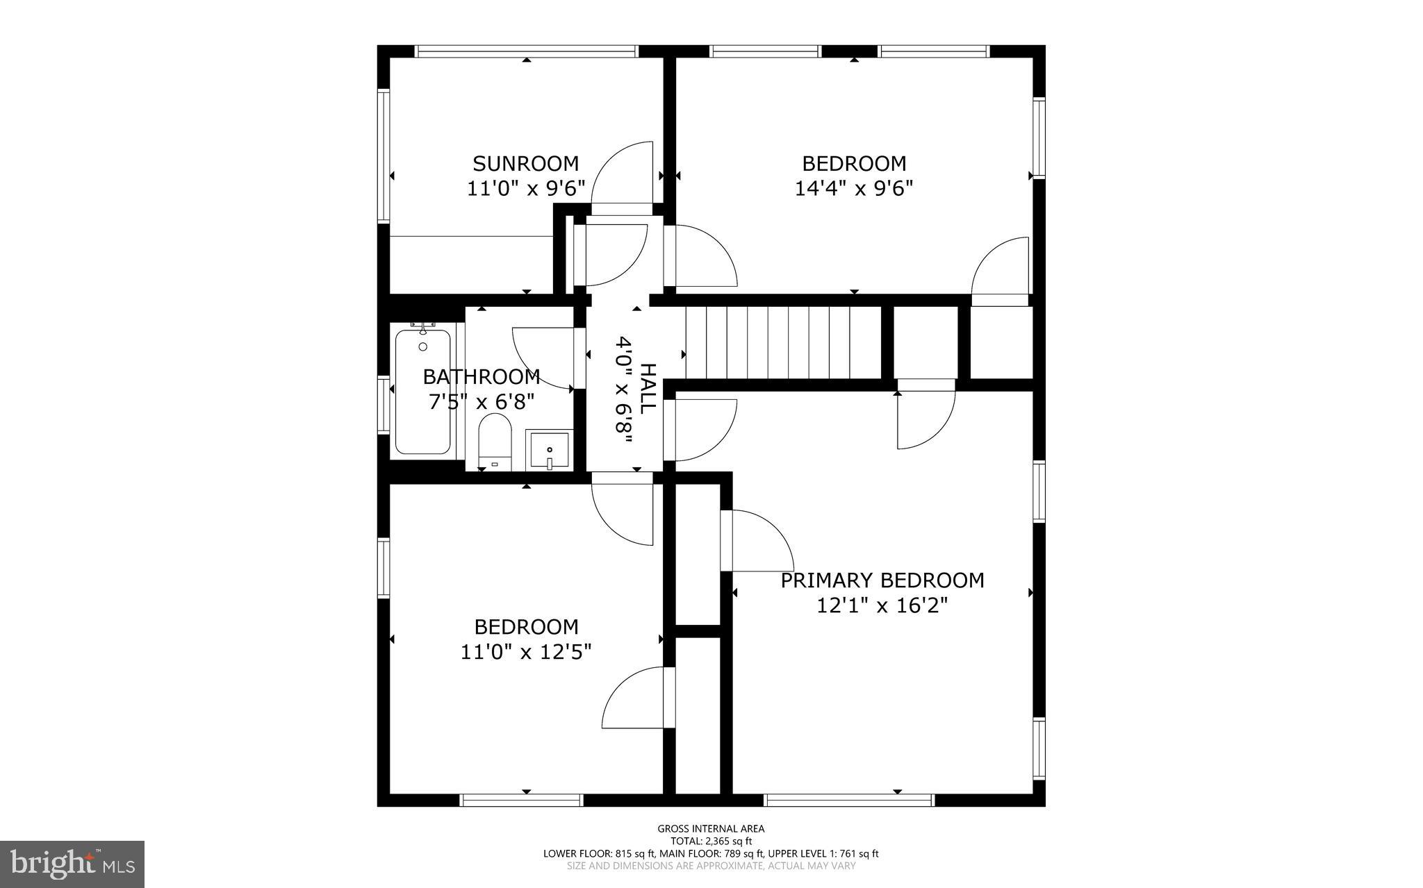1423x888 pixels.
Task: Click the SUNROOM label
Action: point(525,164)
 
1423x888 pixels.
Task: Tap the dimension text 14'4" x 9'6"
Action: point(853,189)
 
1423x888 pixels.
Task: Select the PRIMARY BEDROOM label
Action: point(882,580)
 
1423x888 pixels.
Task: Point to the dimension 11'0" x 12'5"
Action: point(526,653)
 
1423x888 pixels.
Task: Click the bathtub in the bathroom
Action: point(422,392)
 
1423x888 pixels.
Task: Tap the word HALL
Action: point(647,389)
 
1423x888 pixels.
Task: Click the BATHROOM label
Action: point(482,377)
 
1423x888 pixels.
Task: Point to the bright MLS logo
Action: point(72,864)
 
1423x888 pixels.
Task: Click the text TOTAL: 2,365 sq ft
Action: point(711,841)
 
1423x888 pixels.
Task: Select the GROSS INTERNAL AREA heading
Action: point(711,828)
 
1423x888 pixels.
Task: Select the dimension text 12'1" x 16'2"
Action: point(882,606)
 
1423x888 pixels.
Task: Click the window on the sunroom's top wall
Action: point(526,51)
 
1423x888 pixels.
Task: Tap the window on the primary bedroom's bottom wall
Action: point(848,801)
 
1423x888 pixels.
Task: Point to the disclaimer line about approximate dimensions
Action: point(711,866)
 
